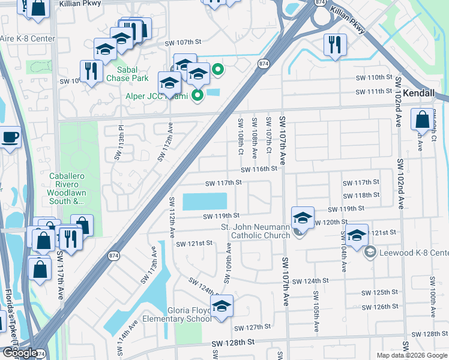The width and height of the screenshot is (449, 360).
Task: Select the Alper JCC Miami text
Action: point(157,97)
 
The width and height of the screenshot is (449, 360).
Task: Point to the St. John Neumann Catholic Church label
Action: point(255,231)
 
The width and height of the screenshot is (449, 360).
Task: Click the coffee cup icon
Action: point(10,137)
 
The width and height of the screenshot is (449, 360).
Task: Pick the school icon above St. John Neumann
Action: point(303,217)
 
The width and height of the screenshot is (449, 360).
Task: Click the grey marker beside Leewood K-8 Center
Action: point(369,252)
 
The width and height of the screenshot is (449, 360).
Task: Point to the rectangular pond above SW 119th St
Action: point(205,201)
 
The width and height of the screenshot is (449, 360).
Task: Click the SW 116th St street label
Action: point(259,169)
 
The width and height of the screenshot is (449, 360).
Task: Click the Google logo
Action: point(20,352)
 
